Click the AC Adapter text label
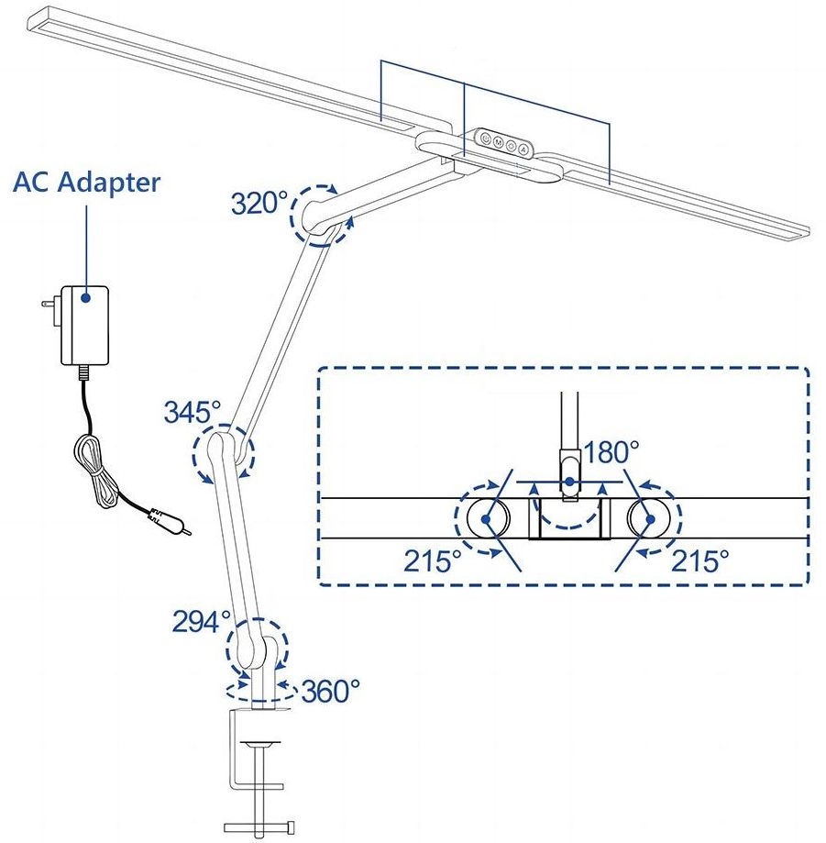(x=86, y=182)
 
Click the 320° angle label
(x=259, y=202)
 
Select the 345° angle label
(x=193, y=412)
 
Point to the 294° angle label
(x=201, y=621)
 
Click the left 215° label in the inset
(x=433, y=560)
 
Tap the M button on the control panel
(x=497, y=142)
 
